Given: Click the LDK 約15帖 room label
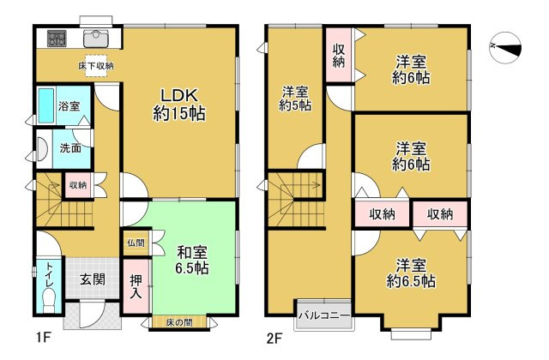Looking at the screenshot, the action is point(179,105).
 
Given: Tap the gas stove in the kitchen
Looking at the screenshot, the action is point(57,39).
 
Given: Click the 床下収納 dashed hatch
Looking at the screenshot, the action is point(96,66).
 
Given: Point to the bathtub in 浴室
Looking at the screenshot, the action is point(45,105).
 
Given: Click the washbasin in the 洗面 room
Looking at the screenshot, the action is point(42,148).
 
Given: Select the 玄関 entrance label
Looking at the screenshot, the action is point(93,279).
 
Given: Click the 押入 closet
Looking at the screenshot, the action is point(136,286).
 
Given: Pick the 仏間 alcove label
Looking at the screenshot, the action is point(136,243).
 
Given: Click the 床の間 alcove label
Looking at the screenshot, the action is point(179,322).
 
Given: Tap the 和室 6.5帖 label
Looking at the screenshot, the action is point(192,261).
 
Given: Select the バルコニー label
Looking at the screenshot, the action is point(324,315).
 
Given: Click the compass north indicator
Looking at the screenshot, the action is point(505,48).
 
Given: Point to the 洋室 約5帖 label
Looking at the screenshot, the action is point(295,99).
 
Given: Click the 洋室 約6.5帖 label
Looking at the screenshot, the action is point(411,273).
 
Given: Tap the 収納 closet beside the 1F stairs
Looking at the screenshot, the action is point(78,185).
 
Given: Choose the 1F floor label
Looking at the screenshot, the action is point(44,339).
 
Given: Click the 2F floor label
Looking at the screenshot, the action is point(274,339).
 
